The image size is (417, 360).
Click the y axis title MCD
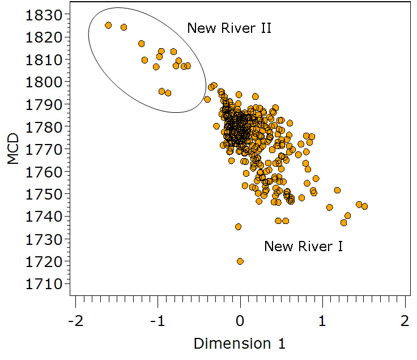coord(14,149)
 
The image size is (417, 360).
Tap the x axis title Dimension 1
coord(240,343)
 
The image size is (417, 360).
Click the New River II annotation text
coord(229,28)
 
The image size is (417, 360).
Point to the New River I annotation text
coord(304,246)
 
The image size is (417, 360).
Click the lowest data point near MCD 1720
coord(240,261)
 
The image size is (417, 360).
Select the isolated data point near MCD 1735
coord(238,227)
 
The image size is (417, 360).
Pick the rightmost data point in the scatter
coord(364,206)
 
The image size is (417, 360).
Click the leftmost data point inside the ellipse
coord(108,25)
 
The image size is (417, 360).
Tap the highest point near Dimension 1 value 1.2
coord(337,190)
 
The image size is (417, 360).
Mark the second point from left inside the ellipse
coord(124,27)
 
